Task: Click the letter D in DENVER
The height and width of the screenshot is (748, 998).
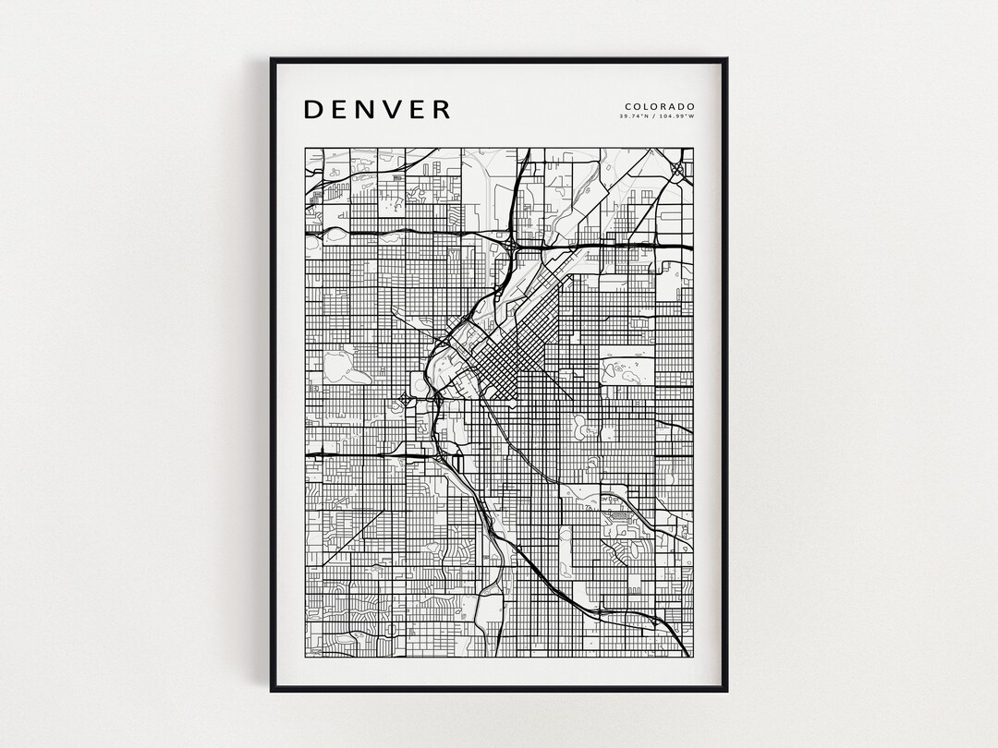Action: [x=314, y=109]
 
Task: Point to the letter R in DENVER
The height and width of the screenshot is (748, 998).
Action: [x=441, y=109]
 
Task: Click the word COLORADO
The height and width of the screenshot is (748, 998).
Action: [x=660, y=106]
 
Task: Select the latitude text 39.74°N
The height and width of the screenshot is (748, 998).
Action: [x=635, y=117]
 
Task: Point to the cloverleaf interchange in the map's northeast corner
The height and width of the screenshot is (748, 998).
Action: [x=677, y=169]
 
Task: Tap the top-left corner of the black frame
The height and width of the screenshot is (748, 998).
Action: [x=272, y=59]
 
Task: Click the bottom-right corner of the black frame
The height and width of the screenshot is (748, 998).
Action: [x=726, y=690]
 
